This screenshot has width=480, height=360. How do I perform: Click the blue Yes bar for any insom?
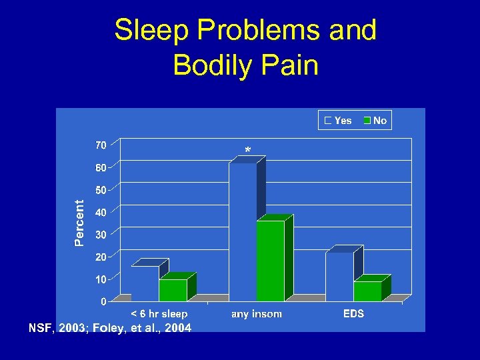point(243,230)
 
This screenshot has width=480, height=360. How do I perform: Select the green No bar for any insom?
point(270,260)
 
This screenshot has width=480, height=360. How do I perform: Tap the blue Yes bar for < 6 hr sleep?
point(145,283)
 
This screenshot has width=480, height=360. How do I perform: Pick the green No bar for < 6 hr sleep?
point(173,289)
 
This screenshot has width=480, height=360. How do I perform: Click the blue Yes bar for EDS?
point(339,276)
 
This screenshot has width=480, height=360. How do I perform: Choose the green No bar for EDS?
point(367,291)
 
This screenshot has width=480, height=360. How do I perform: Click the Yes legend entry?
point(339,121)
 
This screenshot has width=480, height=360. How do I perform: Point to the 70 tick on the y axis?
point(100,145)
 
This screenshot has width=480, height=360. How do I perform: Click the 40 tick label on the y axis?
point(100,213)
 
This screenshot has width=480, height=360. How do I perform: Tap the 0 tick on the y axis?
point(103,302)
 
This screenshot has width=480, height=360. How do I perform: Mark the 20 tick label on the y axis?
point(100,257)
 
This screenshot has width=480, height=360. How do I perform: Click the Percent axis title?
point(79,223)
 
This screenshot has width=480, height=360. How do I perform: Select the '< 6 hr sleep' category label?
point(159,313)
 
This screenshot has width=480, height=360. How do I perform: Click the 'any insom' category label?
point(257,313)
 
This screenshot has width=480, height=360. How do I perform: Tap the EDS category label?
point(353,313)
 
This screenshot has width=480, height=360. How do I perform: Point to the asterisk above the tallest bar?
point(248,151)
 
